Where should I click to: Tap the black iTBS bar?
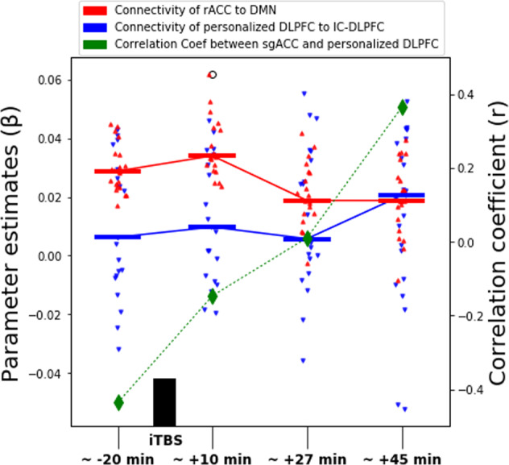[x=164, y=401]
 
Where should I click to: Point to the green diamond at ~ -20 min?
[x=118, y=402]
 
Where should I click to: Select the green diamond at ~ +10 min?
[x=213, y=297]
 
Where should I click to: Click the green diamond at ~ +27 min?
[x=308, y=239]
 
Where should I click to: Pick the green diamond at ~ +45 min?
[x=402, y=108]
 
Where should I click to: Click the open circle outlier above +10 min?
[x=213, y=75]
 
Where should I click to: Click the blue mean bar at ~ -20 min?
[x=118, y=237]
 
